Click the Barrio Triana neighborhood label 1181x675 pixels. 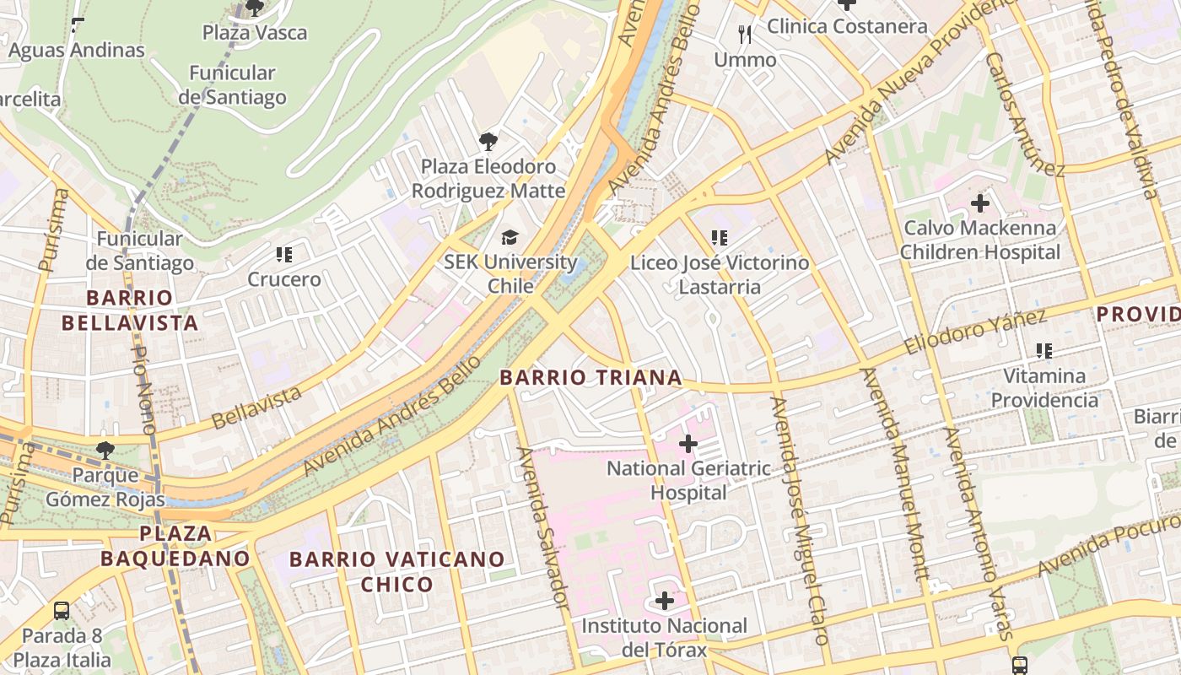pyautogui.click(x=590, y=377)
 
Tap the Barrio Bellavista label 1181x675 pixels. pyautogui.click(x=130, y=310)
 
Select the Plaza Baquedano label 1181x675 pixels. pyautogui.click(x=175, y=546)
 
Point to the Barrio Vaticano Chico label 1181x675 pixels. pyautogui.click(x=396, y=571)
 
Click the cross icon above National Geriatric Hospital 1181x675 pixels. pyautogui.click(x=688, y=443)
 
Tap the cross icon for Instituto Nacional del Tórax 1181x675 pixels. pyautogui.click(x=665, y=601)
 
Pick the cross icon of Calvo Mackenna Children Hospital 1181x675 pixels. pyautogui.click(x=979, y=203)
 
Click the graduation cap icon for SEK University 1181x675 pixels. pyautogui.click(x=510, y=238)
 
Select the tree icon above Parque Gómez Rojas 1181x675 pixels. pyautogui.click(x=105, y=451)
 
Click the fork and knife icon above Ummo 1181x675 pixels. pyautogui.click(x=745, y=35)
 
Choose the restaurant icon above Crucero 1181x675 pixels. pyautogui.click(x=283, y=254)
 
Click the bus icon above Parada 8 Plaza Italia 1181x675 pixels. pyautogui.click(x=62, y=611)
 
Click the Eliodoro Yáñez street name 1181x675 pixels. pyautogui.click(x=975, y=332)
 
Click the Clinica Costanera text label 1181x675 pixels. pyautogui.click(x=847, y=26)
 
